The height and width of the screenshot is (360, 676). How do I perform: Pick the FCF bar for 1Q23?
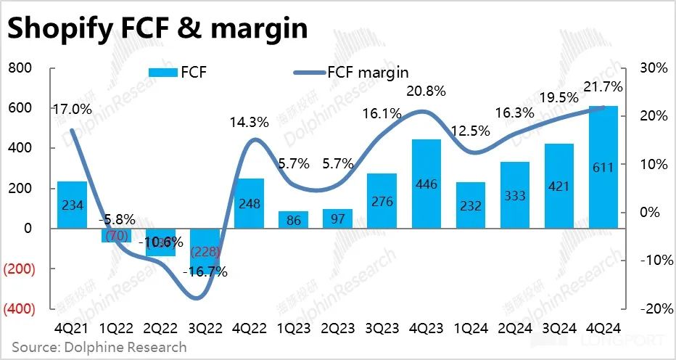click(x=294, y=220)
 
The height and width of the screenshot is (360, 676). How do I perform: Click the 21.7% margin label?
click(x=603, y=87)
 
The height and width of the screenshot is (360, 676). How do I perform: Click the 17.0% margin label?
click(x=72, y=110)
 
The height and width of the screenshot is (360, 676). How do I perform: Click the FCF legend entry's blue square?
click(x=169, y=72)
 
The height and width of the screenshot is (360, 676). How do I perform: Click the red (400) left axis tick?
click(x=20, y=308)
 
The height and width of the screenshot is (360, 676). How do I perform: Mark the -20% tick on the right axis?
click(x=651, y=308)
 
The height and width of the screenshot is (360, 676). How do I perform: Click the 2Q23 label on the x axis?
click(x=338, y=327)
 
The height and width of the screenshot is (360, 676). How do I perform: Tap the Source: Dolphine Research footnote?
click(x=99, y=347)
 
